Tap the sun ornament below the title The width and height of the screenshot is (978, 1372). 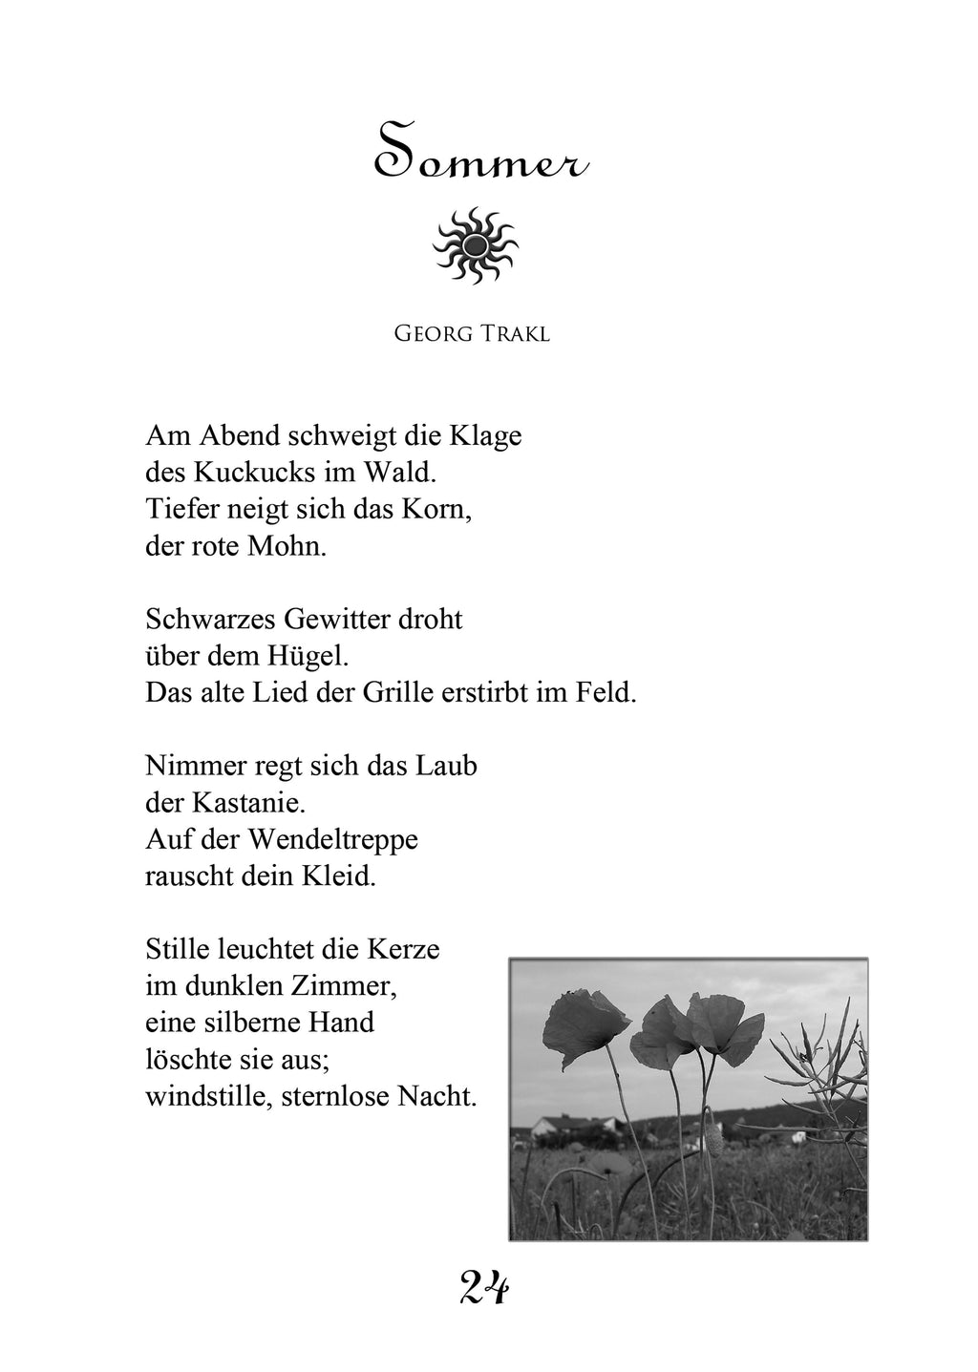476,245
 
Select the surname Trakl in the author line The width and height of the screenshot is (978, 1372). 516,336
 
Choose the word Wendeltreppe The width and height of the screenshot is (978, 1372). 333,839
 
